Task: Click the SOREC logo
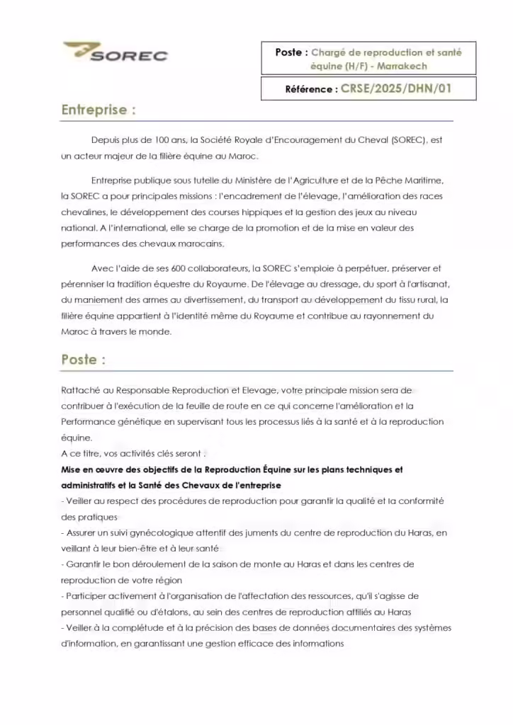click(x=115, y=52)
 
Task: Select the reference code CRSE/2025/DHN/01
click(x=396, y=89)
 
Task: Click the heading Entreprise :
click(x=98, y=110)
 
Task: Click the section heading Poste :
click(x=84, y=360)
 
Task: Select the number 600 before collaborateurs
click(x=202, y=268)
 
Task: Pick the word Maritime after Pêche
click(x=422, y=181)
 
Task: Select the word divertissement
click(x=215, y=299)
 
